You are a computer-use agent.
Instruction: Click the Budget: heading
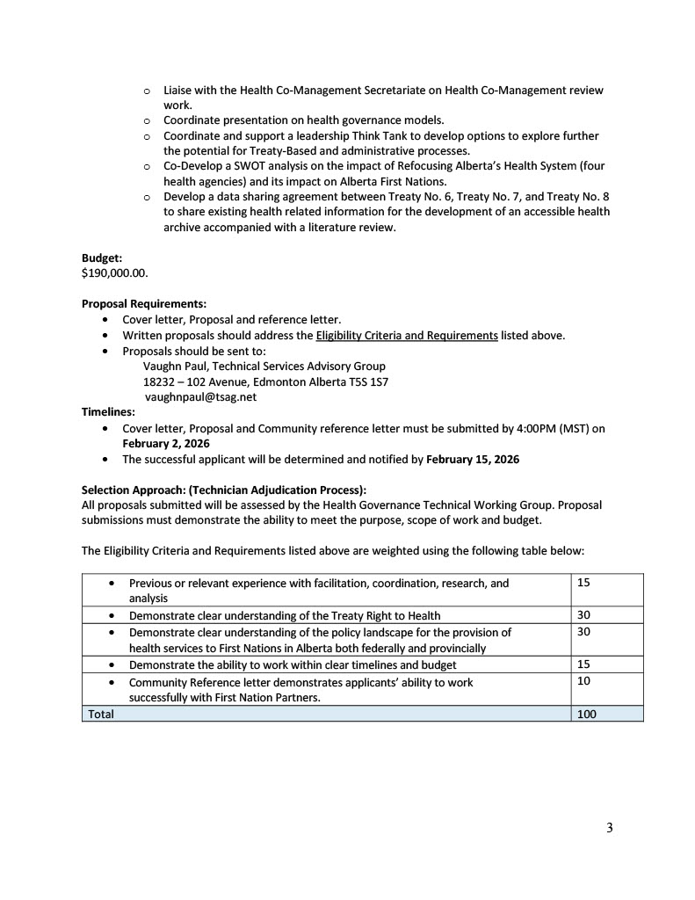102,258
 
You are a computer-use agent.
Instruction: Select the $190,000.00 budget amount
115,272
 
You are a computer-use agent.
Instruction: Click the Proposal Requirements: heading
144,304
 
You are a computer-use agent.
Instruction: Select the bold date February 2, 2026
165,444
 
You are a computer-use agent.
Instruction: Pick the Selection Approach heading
224,490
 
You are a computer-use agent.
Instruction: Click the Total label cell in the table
101,715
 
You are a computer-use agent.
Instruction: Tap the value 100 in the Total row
586,715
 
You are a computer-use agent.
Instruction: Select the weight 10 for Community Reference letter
584,681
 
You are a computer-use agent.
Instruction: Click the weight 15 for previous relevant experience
584,583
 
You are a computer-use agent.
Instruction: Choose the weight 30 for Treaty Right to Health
584,615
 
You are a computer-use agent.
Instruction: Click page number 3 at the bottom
609,828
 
